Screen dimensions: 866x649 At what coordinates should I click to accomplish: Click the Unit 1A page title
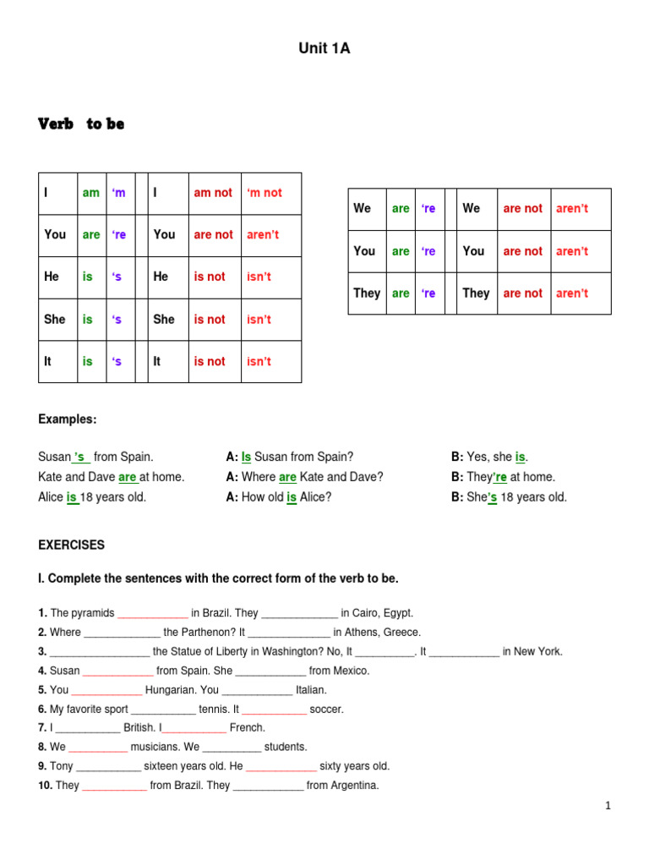tap(324, 49)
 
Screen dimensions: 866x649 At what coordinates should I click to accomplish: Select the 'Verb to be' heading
tap(81, 123)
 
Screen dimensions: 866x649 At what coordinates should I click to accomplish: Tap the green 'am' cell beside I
tap(90, 193)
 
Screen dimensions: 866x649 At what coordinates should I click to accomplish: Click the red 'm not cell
tap(264, 193)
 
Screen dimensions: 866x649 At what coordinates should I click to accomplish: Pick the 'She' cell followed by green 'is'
tap(54, 319)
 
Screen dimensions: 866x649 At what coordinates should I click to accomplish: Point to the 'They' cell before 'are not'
tap(476, 293)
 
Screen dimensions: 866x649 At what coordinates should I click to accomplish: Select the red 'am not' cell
tap(212, 193)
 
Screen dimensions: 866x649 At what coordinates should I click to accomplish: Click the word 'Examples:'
tap(68, 419)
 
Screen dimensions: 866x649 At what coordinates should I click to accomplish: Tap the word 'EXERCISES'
tap(71, 545)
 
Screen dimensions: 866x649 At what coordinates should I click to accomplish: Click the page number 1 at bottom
tap(608, 806)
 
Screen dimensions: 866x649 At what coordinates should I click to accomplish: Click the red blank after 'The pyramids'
tap(152, 613)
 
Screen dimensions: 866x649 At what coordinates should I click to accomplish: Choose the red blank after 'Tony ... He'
tap(281, 766)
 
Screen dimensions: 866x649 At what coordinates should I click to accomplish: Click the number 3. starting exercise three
tap(42, 651)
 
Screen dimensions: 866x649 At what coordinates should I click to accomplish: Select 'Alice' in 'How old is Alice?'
tap(314, 497)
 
